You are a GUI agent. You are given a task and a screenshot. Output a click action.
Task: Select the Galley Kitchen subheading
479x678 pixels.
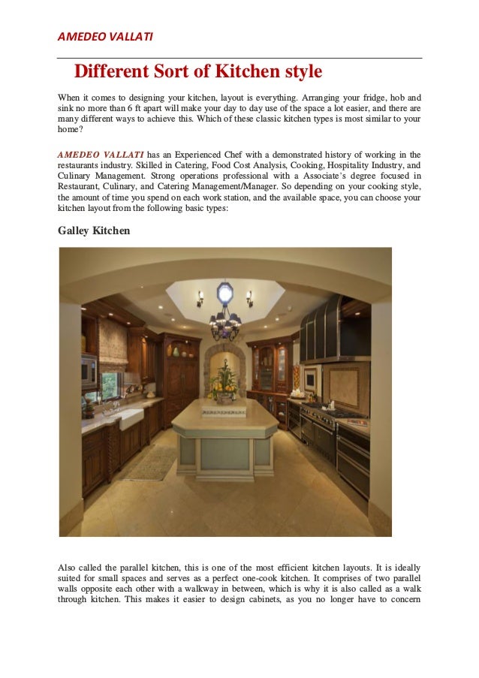coord(94,231)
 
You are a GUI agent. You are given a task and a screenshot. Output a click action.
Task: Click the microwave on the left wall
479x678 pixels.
coord(89,371)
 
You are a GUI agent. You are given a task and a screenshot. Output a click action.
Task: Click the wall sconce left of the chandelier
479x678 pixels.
coord(200,298)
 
